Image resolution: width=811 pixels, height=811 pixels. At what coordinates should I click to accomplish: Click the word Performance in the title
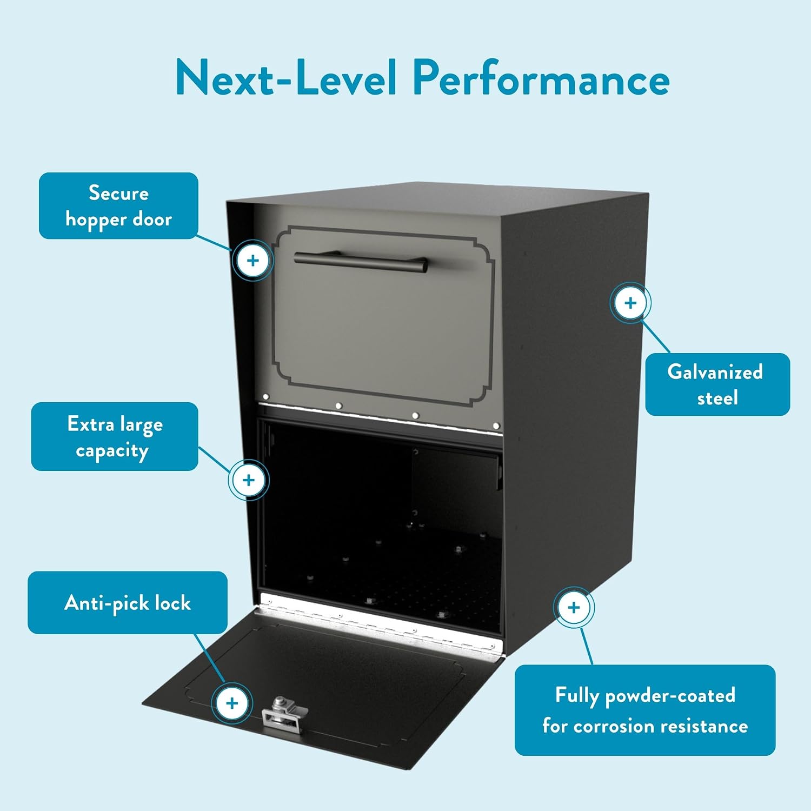541,78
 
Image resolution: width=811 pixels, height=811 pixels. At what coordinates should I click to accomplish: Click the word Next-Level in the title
287,78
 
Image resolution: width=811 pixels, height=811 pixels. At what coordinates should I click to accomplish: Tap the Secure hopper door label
118,206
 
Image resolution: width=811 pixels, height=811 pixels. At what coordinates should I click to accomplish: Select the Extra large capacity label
115,436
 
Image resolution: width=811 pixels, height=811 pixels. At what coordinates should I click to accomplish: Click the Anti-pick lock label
128,602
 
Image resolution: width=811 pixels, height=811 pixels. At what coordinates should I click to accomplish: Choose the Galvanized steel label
717,384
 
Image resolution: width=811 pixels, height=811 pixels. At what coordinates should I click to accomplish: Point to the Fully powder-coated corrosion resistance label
645,710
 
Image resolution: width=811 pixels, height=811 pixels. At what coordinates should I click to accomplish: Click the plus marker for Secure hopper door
253,261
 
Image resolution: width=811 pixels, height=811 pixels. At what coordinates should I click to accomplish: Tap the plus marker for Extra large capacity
249,480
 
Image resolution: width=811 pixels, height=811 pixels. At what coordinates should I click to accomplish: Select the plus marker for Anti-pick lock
232,703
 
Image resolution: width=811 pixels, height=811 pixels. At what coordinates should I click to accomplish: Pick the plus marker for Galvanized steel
630,303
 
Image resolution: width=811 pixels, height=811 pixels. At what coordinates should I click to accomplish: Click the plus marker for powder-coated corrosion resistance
574,607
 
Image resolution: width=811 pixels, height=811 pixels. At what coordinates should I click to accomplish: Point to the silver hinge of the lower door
381,626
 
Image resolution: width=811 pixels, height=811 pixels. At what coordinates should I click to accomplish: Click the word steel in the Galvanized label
717,398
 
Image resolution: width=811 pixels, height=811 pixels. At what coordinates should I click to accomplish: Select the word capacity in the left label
112,451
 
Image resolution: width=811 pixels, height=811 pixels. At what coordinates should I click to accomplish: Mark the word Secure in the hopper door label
118,193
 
